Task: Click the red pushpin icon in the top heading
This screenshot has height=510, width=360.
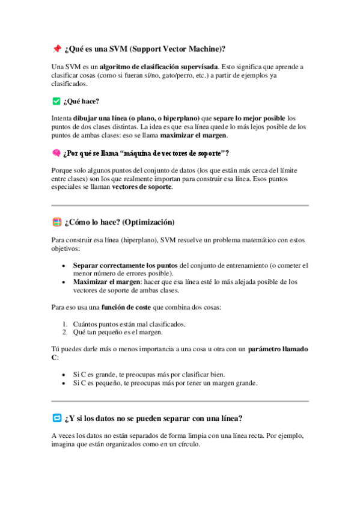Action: [56, 48]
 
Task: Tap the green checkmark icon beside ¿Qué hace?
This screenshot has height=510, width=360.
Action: [56, 101]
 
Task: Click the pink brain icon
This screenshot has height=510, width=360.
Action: [56, 153]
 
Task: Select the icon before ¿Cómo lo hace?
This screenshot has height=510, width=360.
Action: [56, 223]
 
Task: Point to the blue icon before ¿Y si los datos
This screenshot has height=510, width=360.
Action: [56, 418]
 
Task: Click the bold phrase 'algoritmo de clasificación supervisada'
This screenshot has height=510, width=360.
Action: [159, 66]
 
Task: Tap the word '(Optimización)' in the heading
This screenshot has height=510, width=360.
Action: [148, 223]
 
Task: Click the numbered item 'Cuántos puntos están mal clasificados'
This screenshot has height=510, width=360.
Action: [129, 324]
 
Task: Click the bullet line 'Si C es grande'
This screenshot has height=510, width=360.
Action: [149, 374]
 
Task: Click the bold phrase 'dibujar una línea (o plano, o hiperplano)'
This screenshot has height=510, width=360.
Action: [137, 118]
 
